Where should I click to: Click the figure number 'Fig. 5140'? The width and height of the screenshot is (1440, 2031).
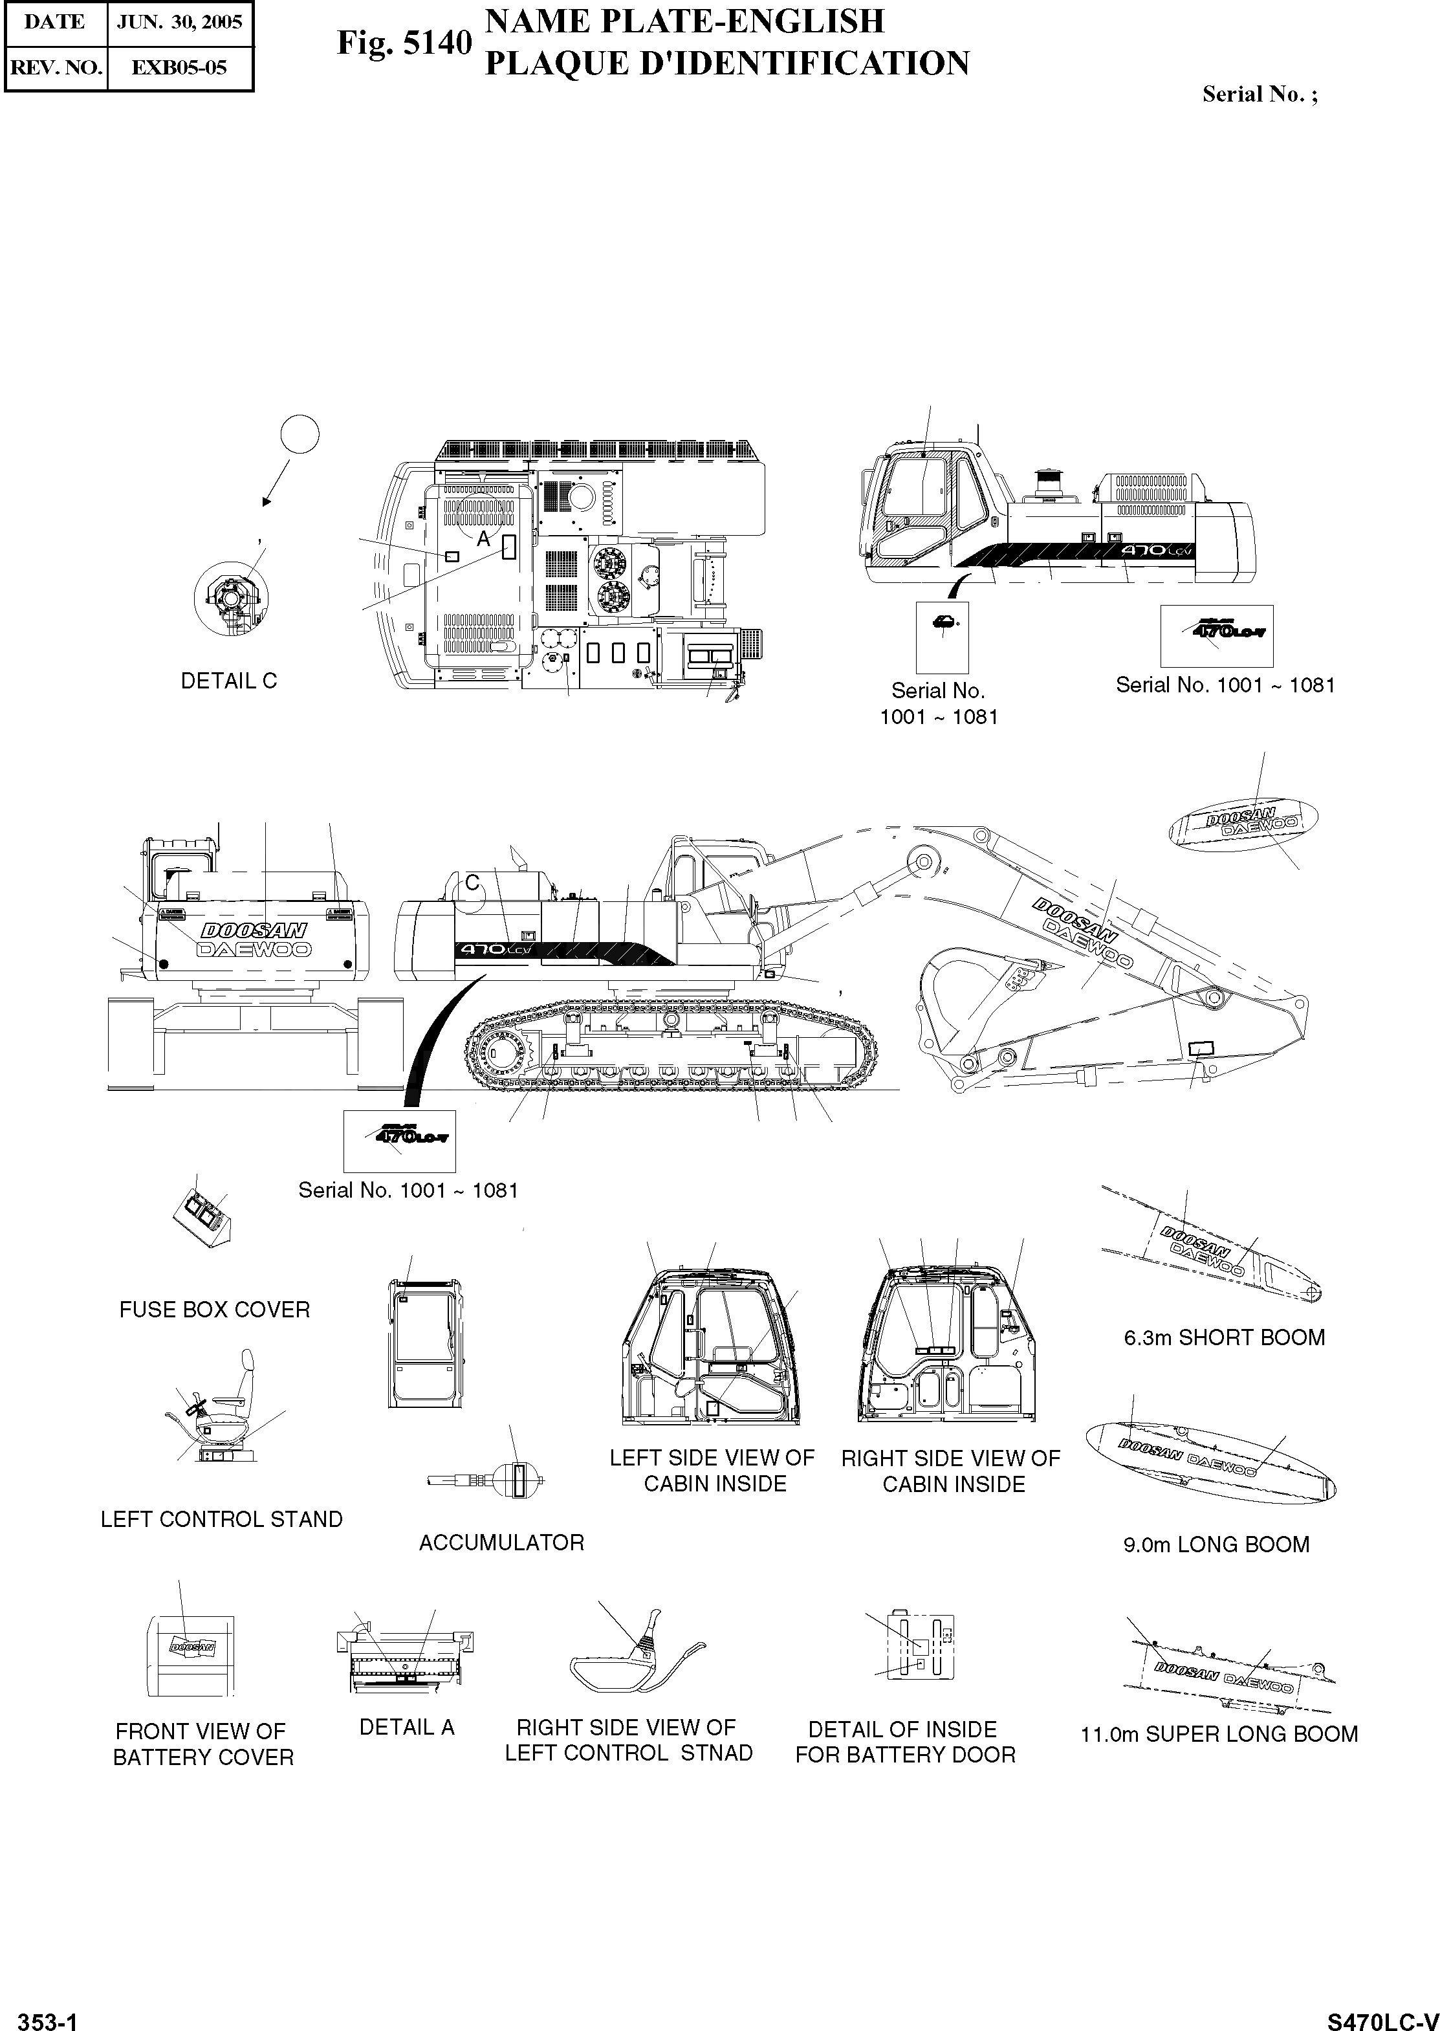(x=404, y=43)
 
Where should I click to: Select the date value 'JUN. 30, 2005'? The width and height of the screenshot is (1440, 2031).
(x=180, y=22)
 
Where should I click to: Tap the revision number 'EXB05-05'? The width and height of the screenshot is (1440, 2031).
(x=179, y=67)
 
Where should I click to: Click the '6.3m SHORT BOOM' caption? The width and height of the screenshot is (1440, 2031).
(x=1224, y=1337)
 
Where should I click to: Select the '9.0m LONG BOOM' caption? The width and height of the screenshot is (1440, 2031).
(x=1216, y=1544)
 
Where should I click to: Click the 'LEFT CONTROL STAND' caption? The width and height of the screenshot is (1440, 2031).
(x=222, y=1519)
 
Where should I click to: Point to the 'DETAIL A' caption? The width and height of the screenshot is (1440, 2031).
(x=406, y=1727)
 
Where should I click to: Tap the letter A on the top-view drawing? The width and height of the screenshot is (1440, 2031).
(x=483, y=538)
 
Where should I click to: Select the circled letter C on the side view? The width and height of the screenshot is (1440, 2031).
(x=473, y=883)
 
